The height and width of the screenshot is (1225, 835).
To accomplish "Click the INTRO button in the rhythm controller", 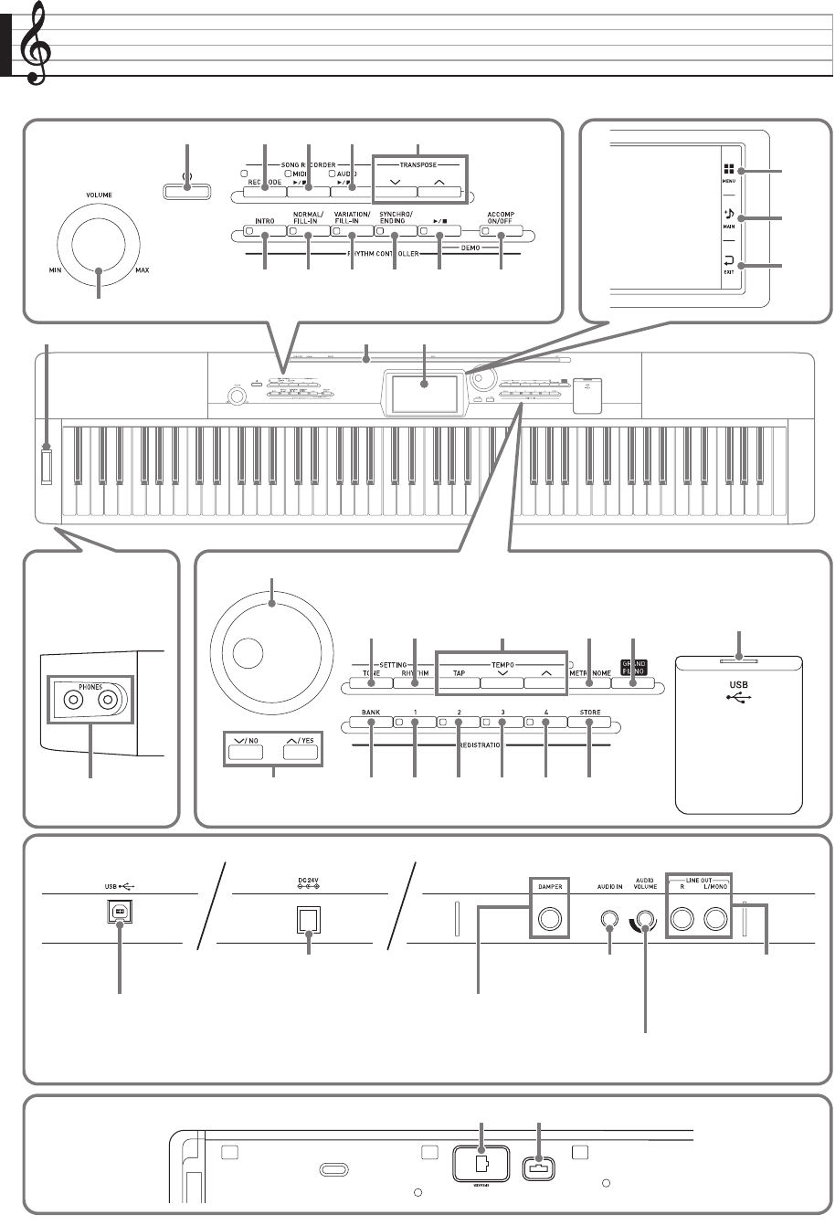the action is pos(264,231).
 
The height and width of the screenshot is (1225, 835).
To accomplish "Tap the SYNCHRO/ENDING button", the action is pos(395,231).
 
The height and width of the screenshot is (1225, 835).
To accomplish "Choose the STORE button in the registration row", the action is pos(589,725).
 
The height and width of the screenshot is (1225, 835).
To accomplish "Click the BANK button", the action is pos(370,725).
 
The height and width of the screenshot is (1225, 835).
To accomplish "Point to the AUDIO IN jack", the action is pos(610,918).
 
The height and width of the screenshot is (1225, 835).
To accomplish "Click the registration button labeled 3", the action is pos(502,725).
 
